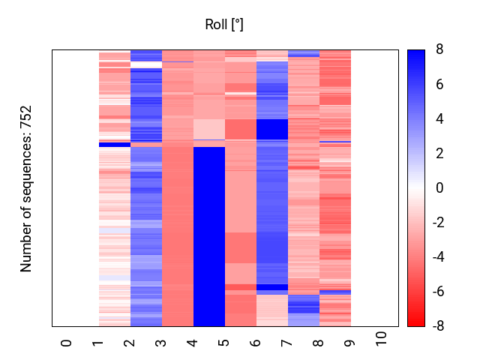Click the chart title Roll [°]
click(x=224, y=25)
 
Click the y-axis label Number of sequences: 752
click(x=26, y=188)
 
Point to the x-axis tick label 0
click(x=67, y=343)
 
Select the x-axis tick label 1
click(x=98, y=343)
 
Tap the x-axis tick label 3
click(x=161, y=343)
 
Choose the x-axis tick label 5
click(x=224, y=343)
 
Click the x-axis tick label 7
click(x=287, y=343)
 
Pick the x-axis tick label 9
click(x=350, y=343)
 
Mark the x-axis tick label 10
click(x=382, y=339)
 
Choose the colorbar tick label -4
click(x=437, y=257)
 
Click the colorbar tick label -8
click(x=437, y=326)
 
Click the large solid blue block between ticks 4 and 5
click(x=209, y=236)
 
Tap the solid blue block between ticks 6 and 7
click(x=272, y=129)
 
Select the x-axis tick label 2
click(x=130, y=343)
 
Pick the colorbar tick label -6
click(x=437, y=292)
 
